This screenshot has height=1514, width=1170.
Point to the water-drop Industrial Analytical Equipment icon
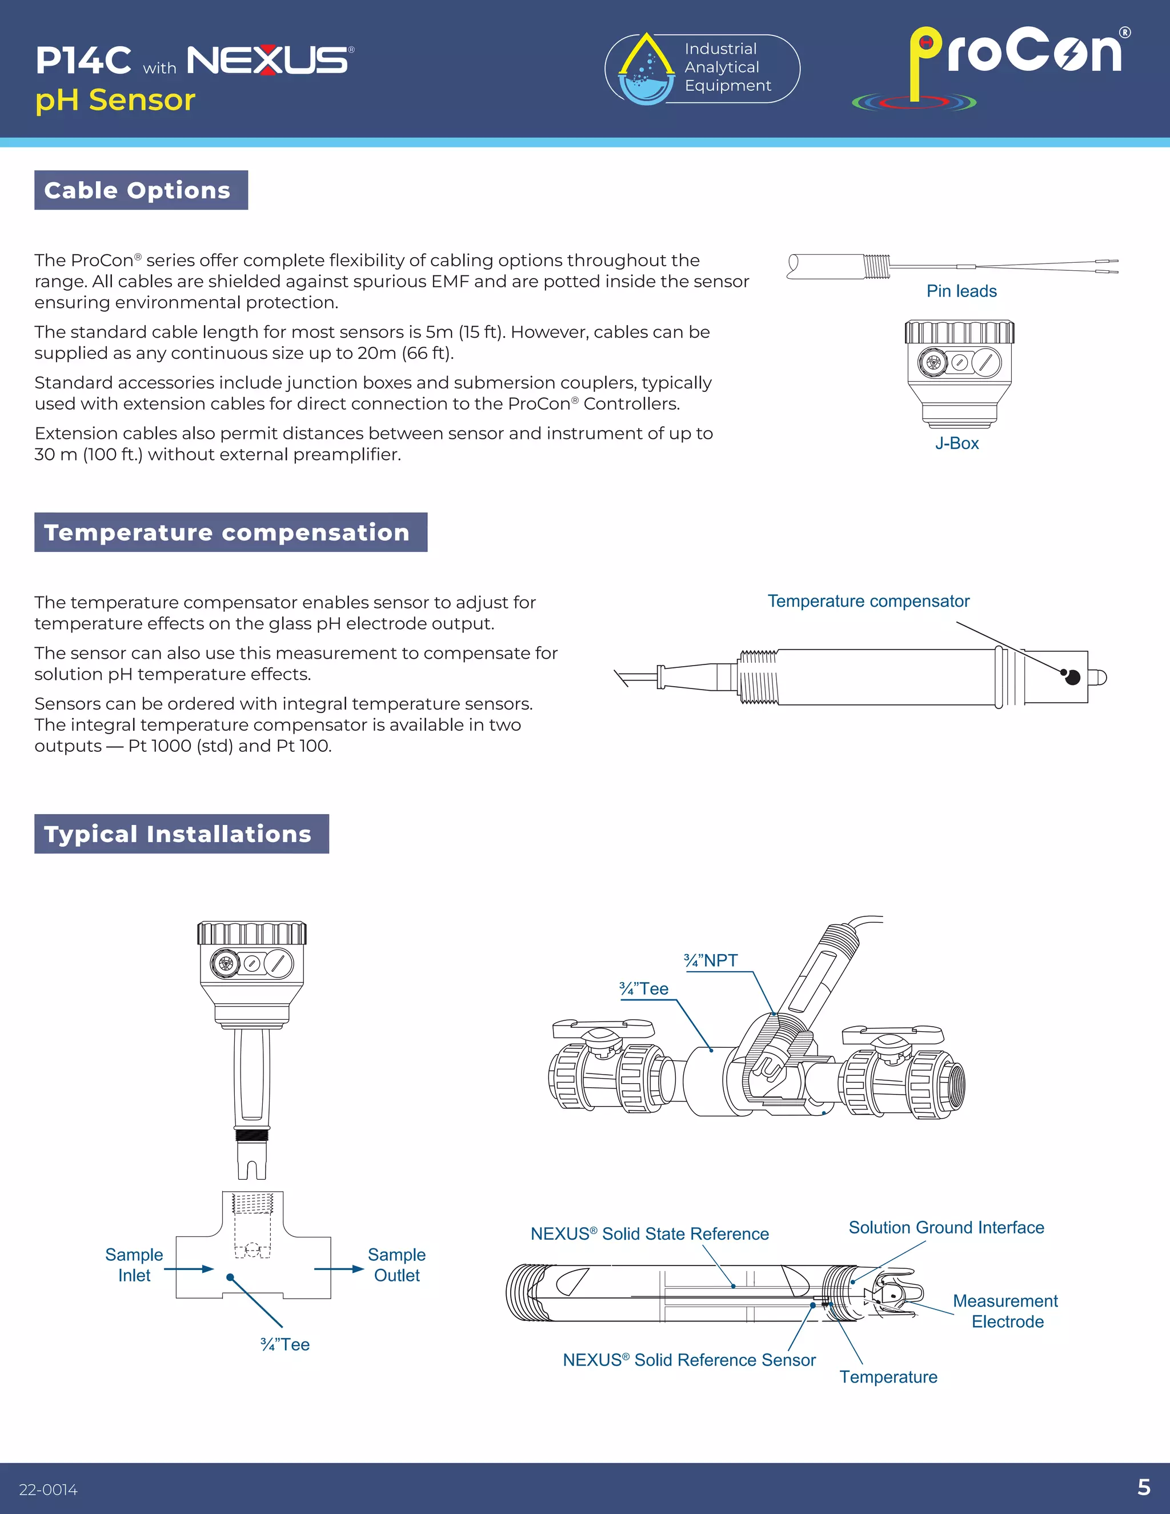tap(646, 69)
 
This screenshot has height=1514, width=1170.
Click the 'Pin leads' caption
tap(961, 291)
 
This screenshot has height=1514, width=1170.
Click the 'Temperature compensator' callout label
tap(868, 601)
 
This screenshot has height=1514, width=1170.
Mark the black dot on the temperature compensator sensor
tap(1072, 677)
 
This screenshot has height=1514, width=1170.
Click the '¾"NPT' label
tap(711, 960)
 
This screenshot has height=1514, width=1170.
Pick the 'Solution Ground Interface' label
tap(945, 1227)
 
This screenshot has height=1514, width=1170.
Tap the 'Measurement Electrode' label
tap(1005, 1311)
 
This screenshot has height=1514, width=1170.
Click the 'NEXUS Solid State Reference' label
tap(650, 1233)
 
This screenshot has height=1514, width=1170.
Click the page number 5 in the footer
tap(1144, 1487)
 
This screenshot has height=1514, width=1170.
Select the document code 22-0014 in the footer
tap(48, 1490)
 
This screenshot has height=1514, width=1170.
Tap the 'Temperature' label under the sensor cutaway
tap(888, 1377)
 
